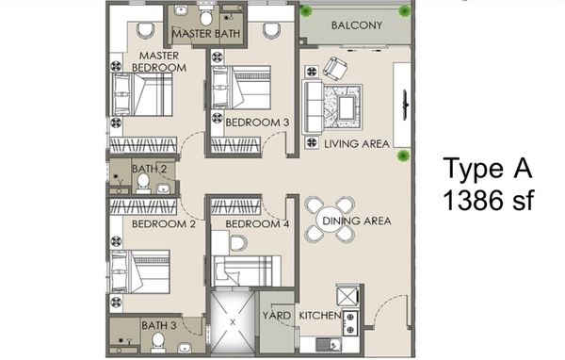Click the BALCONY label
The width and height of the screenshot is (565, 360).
coord(356,25)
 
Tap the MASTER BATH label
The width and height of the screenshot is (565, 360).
coord(205,34)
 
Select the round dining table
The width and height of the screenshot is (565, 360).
coord(331,220)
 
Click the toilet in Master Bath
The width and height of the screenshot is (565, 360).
coord(205,15)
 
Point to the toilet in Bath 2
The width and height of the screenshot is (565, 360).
coord(143,183)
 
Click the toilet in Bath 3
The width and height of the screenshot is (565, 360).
coord(158,342)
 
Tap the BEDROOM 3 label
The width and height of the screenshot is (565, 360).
coord(257,123)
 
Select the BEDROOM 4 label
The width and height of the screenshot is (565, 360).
coord(257,224)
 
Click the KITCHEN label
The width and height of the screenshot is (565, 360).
coord(320,316)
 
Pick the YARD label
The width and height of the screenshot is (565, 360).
coord(276,316)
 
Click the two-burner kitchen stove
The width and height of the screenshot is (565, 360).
coord(350,323)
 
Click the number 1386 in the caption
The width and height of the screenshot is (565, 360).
coord(473,200)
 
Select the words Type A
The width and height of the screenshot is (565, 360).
coord(488,168)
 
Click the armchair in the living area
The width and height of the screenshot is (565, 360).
coord(334,69)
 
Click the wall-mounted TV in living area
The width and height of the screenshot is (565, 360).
coord(405,105)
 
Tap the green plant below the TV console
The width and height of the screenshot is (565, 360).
coord(404,156)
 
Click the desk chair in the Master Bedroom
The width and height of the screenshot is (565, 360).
coord(146,30)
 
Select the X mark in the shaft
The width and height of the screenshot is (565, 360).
coord(233,322)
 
